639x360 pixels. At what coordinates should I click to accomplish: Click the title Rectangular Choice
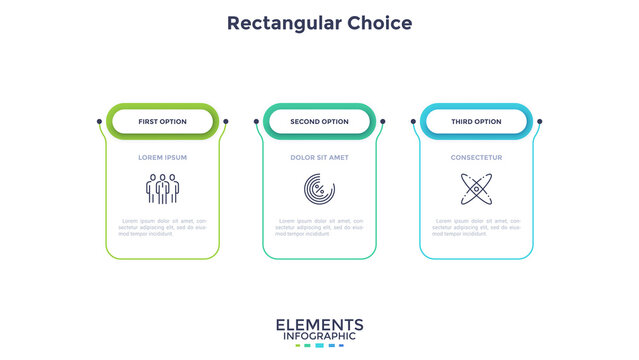(319, 22)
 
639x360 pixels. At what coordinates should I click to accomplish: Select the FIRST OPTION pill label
(162, 122)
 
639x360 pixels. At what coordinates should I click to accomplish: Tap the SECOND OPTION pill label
(319, 122)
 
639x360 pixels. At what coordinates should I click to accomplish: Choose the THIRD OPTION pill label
(476, 122)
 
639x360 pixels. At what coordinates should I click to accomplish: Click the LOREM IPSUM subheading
(162, 157)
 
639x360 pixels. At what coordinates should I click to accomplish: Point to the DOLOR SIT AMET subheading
(319, 157)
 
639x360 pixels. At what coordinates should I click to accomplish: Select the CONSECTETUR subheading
(476, 157)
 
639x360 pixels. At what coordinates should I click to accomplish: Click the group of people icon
(162, 189)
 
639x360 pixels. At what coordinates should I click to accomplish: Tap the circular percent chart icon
(319, 189)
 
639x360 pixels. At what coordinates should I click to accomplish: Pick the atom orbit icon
(476, 189)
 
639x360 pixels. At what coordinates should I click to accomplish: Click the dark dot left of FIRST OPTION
(99, 122)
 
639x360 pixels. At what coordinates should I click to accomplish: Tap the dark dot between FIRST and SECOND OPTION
(226, 122)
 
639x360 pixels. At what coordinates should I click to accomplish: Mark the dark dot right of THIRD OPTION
(540, 122)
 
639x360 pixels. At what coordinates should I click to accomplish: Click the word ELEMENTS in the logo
(319, 324)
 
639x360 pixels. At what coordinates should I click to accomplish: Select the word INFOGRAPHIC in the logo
(319, 337)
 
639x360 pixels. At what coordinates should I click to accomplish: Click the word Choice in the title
(375, 22)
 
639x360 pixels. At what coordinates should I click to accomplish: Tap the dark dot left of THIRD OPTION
(413, 122)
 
